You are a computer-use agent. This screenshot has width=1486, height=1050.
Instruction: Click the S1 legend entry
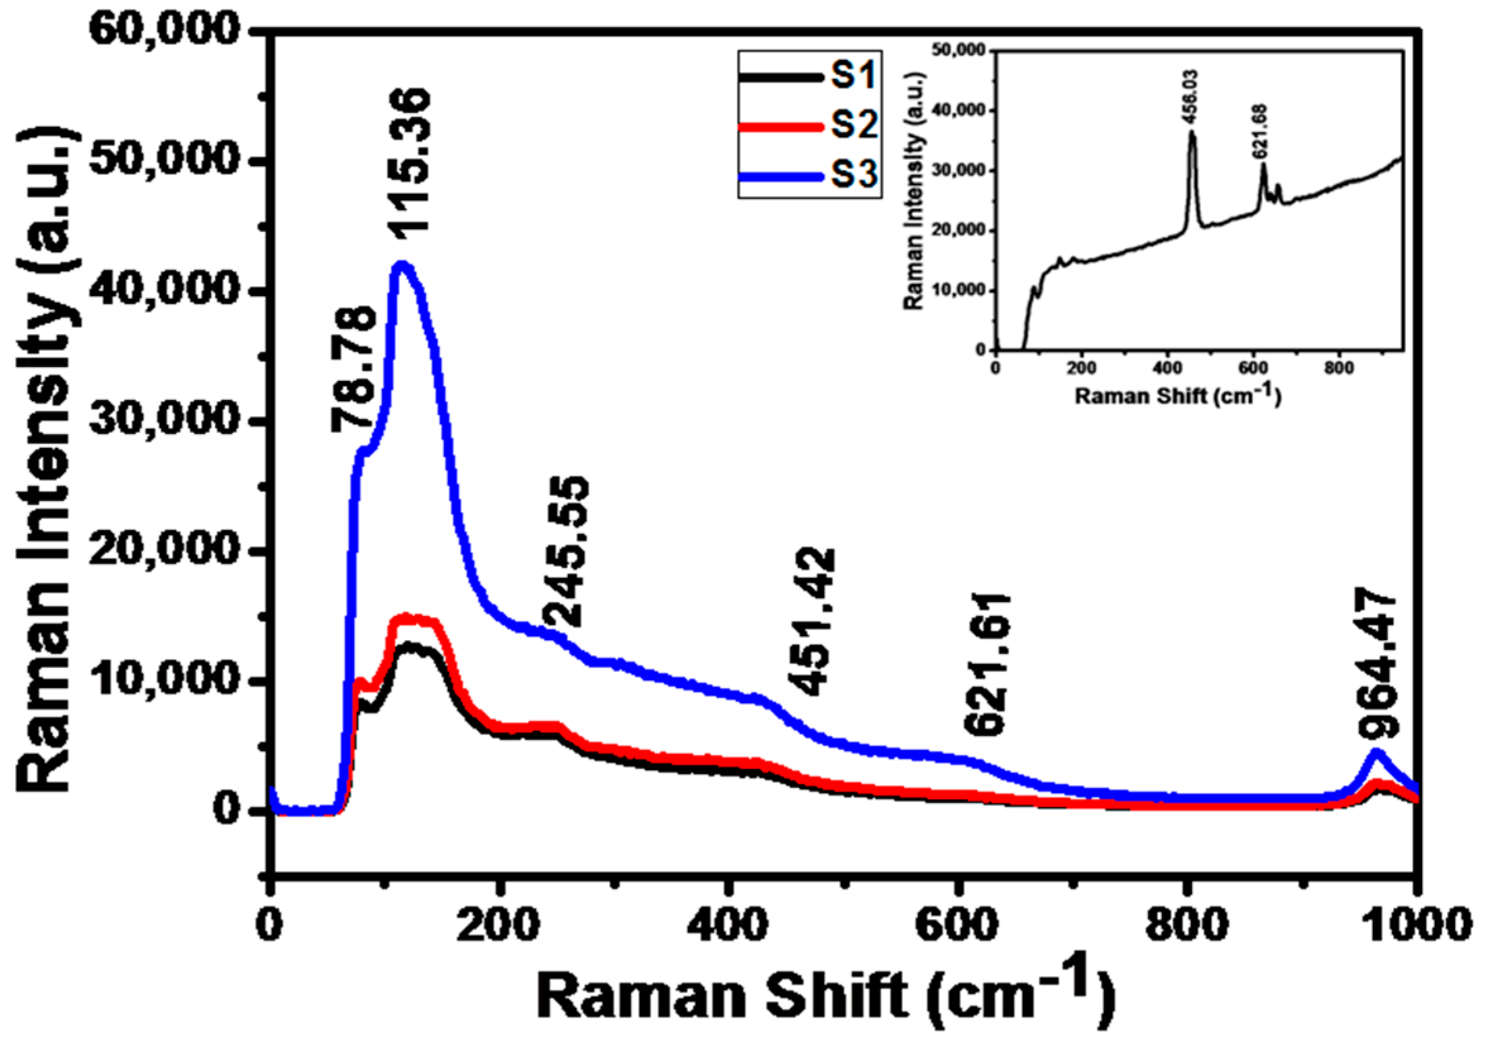pyautogui.click(x=808, y=76)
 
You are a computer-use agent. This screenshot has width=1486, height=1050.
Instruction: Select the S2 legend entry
pyautogui.click(x=808, y=125)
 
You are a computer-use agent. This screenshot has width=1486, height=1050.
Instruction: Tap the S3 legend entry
pyautogui.click(x=808, y=174)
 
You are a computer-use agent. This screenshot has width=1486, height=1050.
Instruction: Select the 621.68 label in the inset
pyautogui.click(x=1262, y=131)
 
